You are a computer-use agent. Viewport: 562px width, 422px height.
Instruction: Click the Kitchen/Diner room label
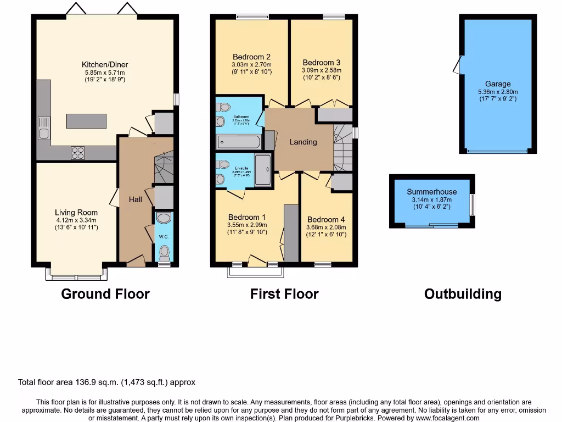tap(105, 65)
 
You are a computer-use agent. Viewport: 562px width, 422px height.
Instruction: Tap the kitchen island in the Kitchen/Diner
tap(86, 121)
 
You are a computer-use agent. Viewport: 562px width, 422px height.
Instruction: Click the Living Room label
tap(76, 212)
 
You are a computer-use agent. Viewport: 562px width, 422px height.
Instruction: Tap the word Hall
tap(135, 199)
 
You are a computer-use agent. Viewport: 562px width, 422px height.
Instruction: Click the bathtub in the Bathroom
tap(239, 142)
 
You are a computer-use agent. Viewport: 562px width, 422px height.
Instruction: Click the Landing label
tap(303, 142)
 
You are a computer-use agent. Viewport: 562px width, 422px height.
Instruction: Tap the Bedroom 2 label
tap(251, 57)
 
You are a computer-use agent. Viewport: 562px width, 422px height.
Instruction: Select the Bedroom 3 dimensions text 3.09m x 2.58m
tap(321, 70)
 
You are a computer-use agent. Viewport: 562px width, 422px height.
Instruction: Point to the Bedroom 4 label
tap(326, 219)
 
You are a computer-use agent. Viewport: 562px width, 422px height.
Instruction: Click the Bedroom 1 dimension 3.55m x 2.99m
tap(247, 225)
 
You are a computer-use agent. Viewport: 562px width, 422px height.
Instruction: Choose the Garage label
tap(497, 84)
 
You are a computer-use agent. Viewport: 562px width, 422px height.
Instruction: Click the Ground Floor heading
tap(105, 294)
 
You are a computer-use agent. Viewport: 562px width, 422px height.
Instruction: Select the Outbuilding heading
tap(462, 294)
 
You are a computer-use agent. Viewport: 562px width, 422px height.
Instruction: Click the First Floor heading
tap(284, 294)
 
